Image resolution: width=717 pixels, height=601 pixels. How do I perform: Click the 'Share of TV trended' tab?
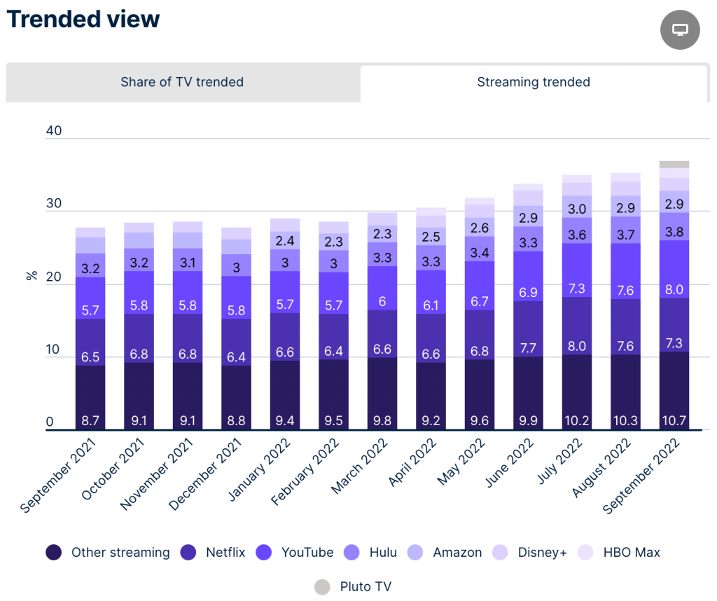tap(182, 82)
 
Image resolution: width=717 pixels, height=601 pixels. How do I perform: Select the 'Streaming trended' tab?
tap(534, 82)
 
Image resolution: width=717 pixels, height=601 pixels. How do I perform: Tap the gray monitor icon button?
tap(680, 29)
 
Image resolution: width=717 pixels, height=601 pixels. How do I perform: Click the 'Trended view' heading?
tap(83, 19)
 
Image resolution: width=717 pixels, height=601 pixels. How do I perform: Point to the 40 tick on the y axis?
tap(54, 132)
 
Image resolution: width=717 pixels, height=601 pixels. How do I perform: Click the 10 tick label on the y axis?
tap(54, 348)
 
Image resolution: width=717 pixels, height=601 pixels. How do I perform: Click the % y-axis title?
tap(32, 275)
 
